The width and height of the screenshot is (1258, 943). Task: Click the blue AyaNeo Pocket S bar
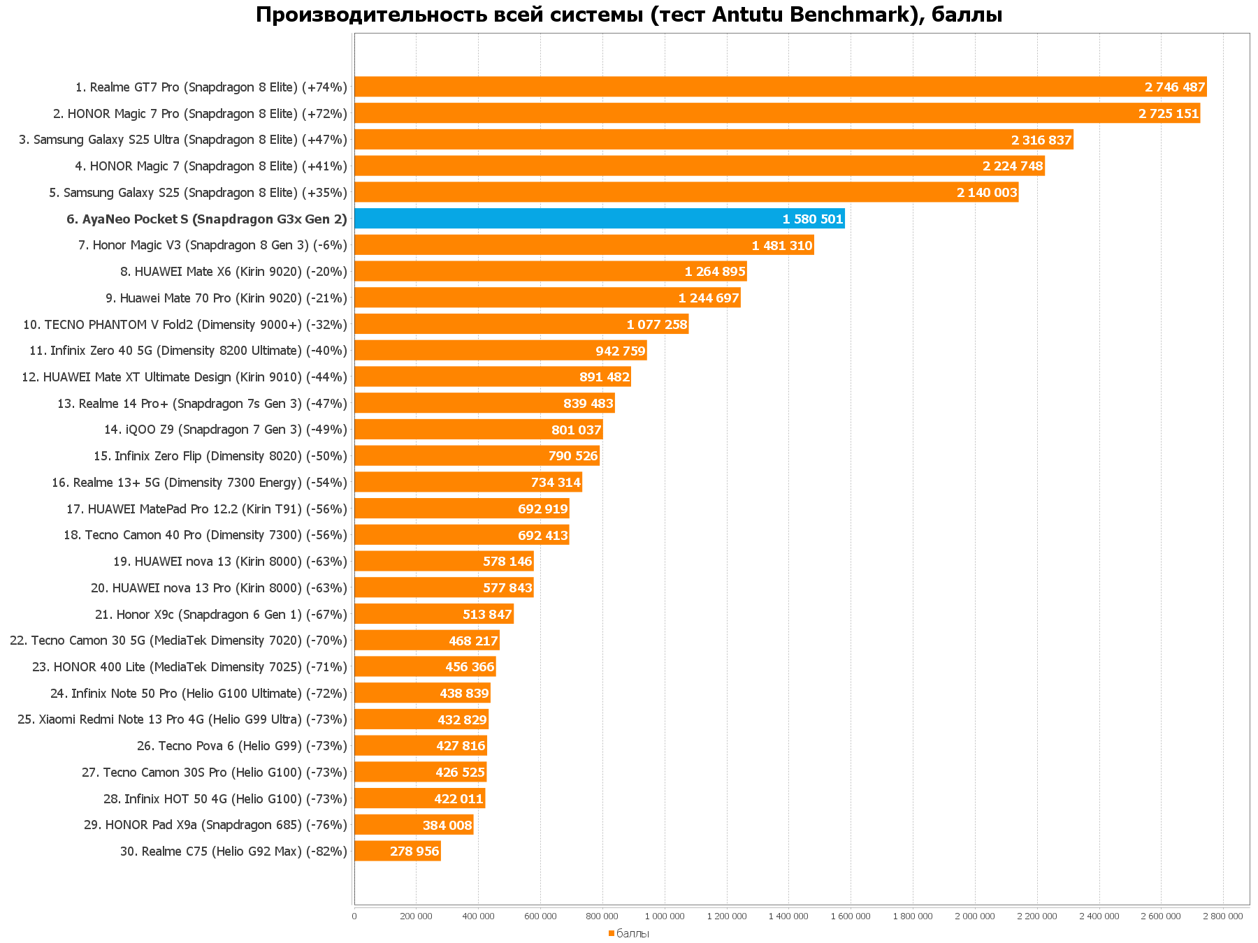(x=599, y=219)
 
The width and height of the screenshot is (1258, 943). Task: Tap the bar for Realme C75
(x=397, y=851)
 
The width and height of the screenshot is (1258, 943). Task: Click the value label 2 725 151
(x=1168, y=114)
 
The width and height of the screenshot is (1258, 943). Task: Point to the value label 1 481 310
(x=781, y=246)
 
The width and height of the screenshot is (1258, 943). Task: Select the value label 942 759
(x=620, y=351)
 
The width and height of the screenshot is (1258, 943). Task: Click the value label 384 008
(x=447, y=826)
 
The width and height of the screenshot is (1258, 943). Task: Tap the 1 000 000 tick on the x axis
(x=665, y=916)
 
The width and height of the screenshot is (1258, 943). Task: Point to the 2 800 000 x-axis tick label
(x=1223, y=916)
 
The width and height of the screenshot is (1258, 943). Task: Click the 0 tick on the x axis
(x=354, y=916)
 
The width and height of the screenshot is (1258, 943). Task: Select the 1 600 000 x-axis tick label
(x=851, y=916)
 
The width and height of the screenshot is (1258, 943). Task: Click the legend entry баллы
(x=632, y=934)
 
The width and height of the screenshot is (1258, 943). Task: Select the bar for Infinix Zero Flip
(x=477, y=456)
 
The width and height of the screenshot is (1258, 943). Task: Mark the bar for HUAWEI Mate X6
(x=550, y=272)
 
